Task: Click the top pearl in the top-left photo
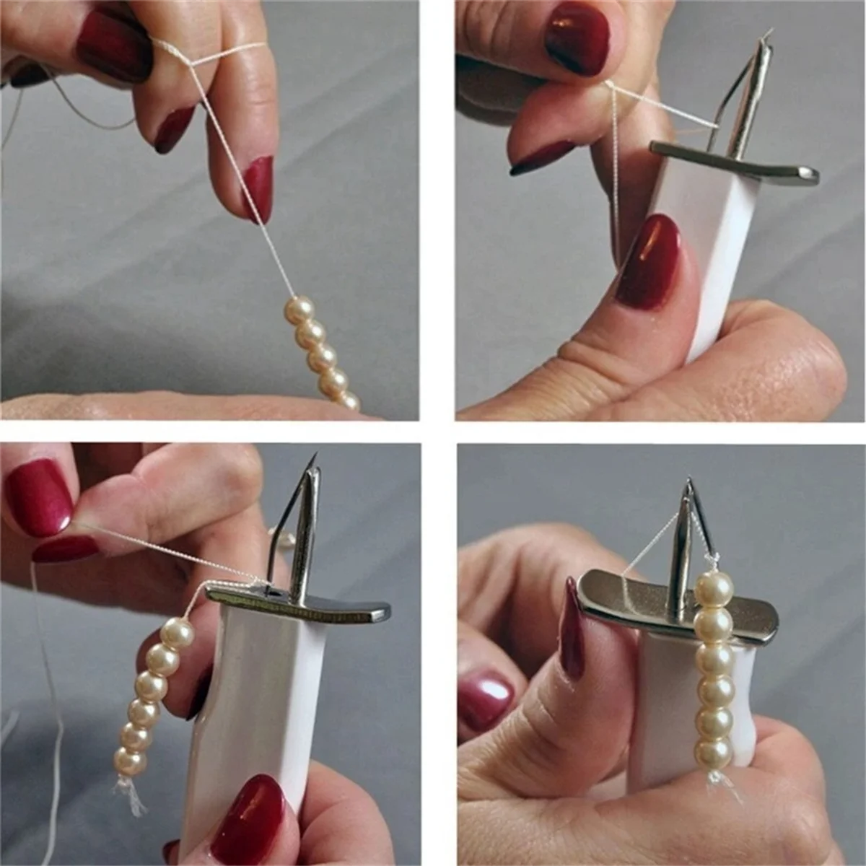pos(302,309)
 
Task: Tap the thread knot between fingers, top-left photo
pos(193,64)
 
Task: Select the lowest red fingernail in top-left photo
pos(258,189)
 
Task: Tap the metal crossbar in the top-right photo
pos(736,163)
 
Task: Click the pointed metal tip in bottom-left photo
pos(315,462)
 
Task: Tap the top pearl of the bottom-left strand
pos(178,634)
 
